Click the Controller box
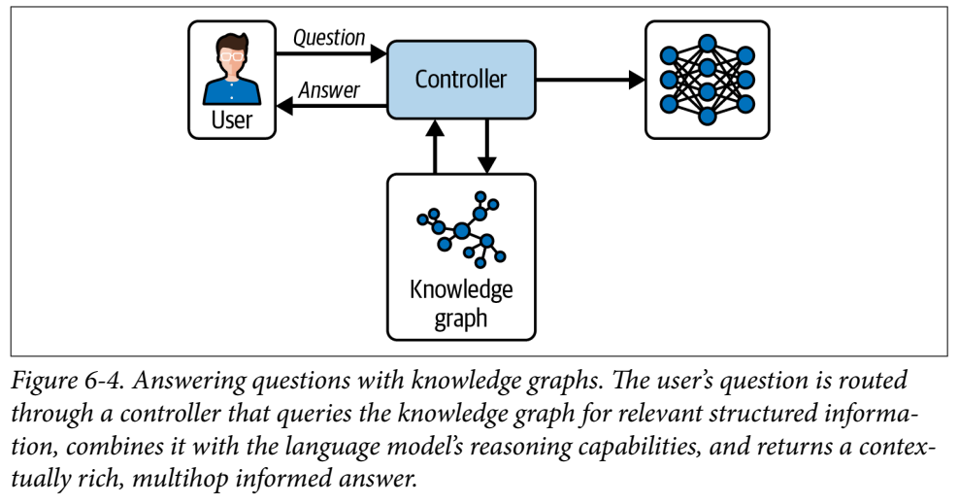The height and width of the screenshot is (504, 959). tap(461, 81)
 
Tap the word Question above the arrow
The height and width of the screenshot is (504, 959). tap(329, 39)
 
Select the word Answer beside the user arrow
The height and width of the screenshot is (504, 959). tap(329, 90)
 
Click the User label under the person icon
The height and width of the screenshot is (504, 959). tap(231, 120)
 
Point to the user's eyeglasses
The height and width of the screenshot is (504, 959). tap(231, 55)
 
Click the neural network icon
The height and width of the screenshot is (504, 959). tap(707, 81)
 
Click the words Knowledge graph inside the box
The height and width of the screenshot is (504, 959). tap(461, 303)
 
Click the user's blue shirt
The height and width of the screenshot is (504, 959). tap(231, 90)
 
